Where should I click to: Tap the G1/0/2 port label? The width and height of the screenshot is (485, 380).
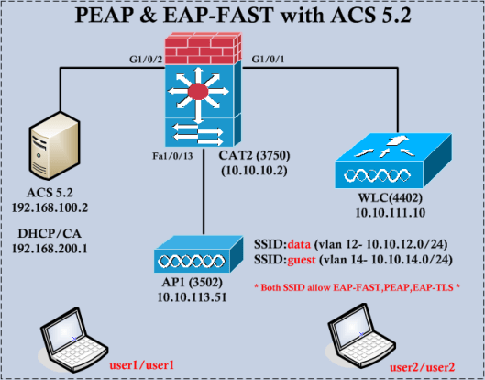147,60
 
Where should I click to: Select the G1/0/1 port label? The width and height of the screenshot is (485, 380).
269,60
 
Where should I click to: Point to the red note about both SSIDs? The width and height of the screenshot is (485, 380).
360,287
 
